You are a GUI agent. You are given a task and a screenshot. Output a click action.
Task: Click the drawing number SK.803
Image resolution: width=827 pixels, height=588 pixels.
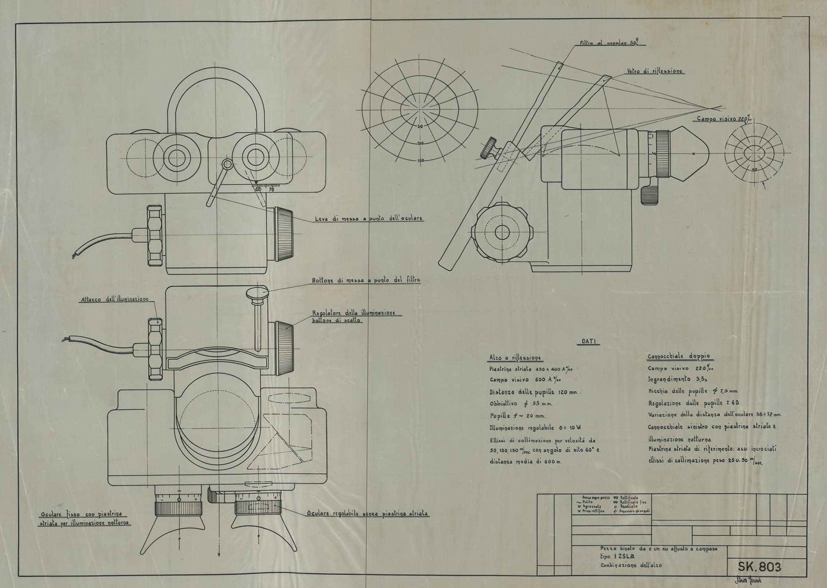click(x=759, y=566)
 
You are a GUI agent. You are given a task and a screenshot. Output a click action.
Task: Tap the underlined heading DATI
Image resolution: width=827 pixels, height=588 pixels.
click(x=590, y=341)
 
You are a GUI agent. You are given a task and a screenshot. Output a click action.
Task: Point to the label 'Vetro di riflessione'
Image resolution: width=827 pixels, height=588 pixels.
click(x=654, y=71)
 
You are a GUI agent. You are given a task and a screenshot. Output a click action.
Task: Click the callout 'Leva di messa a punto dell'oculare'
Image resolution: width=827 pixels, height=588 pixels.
click(x=368, y=218)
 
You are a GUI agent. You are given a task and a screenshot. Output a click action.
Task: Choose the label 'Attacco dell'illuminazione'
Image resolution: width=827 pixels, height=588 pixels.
click(x=114, y=299)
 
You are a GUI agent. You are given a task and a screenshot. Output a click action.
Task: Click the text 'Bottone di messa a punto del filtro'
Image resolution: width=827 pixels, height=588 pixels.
click(x=366, y=280)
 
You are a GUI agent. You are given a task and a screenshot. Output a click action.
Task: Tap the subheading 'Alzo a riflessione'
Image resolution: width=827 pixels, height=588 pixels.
click(x=515, y=358)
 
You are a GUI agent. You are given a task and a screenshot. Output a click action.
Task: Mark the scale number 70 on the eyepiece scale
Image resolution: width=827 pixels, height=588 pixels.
click(x=271, y=189)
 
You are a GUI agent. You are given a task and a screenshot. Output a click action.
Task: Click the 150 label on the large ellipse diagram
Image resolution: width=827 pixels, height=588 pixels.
click(x=420, y=161)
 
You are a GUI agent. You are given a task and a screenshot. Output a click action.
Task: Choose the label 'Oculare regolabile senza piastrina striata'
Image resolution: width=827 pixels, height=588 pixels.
click(x=367, y=513)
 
